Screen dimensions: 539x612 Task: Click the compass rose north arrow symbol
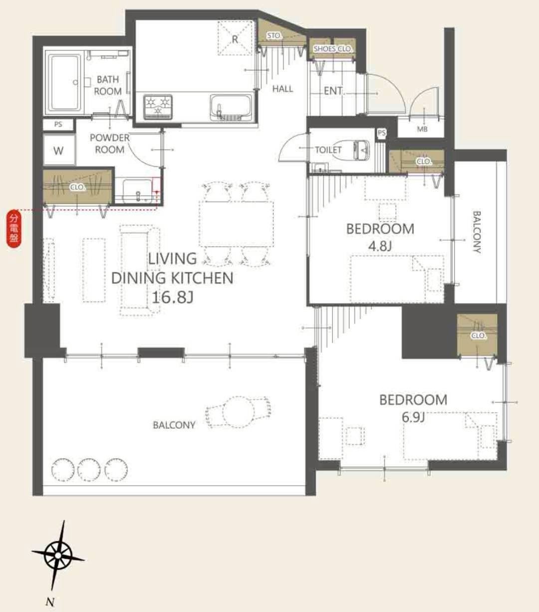(x=58, y=555)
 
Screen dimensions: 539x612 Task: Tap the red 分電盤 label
(x=14, y=229)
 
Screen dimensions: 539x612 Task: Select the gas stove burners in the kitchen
(x=158, y=107)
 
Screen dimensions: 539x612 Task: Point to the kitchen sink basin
(x=231, y=107)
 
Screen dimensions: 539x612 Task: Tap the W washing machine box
(x=59, y=150)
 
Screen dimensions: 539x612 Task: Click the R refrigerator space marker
(x=235, y=38)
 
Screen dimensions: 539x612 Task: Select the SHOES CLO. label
(x=332, y=48)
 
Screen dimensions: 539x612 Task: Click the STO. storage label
(x=274, y=35)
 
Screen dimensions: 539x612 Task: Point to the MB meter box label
(x=422, y=129)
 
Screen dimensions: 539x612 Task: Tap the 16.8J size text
(x=172, y=297)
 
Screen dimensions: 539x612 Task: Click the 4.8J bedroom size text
(x=380, y=246)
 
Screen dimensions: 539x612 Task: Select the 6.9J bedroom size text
(x=413, y=417)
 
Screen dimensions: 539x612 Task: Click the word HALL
(x=282, y=88)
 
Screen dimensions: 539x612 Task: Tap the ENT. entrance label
(x=333, y=90)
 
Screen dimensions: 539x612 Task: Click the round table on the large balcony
(x=239, y=412)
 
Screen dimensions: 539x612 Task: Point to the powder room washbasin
(x=138, y=191)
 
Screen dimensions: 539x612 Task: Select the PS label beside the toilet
(x=382, y=133)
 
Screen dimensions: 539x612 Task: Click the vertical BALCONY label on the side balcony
(x=477, y=232)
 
